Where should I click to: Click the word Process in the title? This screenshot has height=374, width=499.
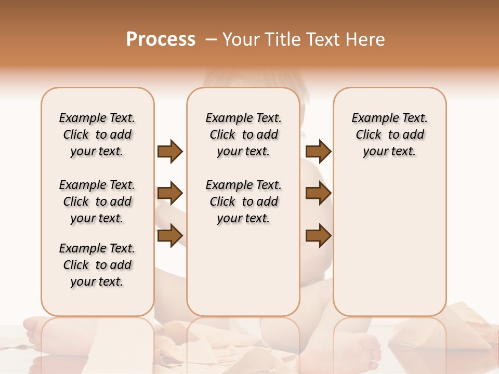161,39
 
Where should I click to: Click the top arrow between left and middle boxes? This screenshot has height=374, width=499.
170,152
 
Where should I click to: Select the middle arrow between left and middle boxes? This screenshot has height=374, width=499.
170,193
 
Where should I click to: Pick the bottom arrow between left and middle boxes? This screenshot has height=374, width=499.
170,235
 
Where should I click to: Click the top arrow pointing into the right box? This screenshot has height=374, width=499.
318,152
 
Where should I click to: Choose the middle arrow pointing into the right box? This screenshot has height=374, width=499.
318,193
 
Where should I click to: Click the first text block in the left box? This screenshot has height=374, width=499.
97,135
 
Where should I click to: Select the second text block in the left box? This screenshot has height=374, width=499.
97,202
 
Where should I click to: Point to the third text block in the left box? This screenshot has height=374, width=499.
97,265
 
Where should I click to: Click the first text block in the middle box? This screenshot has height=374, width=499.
244,135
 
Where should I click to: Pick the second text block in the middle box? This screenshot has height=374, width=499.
244,202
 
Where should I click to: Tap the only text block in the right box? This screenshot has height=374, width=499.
390,135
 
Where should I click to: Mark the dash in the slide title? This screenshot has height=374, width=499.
211,39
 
